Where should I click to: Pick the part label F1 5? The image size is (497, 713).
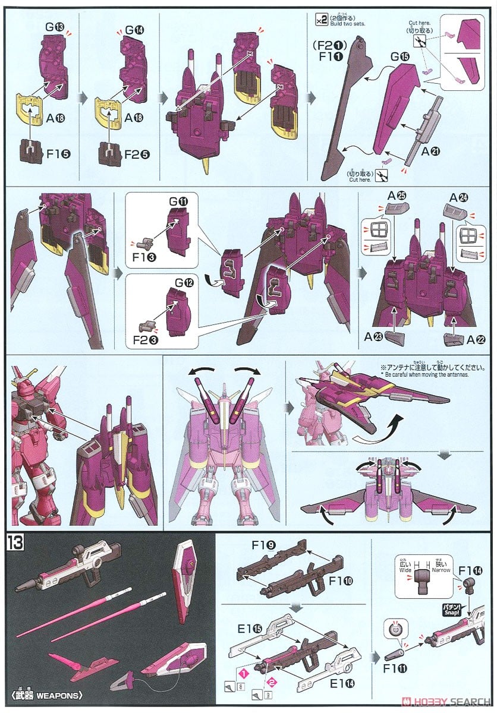58,153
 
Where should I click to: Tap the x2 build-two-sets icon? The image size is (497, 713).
321,20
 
